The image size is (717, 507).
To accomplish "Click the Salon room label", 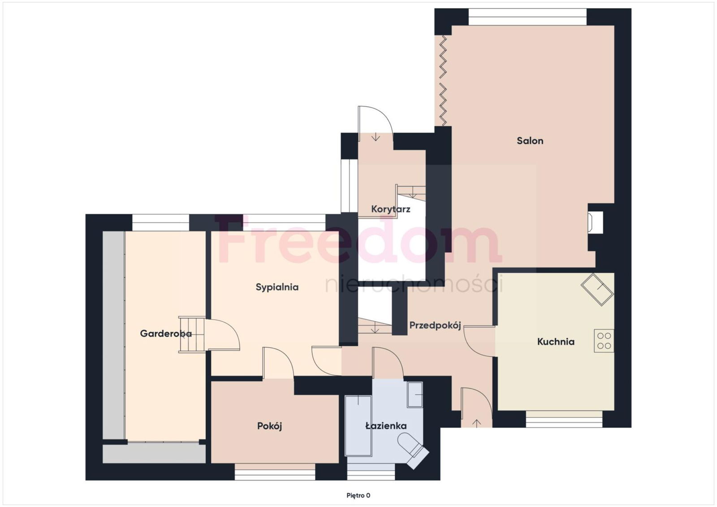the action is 530,141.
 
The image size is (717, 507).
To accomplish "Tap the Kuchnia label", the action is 556,342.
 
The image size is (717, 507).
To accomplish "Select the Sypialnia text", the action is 277,287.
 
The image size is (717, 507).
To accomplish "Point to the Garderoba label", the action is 166,334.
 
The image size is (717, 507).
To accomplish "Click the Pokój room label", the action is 269,426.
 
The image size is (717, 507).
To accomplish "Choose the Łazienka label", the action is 386,426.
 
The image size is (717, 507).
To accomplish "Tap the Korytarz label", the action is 390,209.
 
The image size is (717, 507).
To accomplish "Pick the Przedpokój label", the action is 435,326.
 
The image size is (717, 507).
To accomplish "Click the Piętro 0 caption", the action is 358,495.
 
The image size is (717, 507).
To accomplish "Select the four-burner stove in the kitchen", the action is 604,341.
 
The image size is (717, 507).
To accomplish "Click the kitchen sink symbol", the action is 597,289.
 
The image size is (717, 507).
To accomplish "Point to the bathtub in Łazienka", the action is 358,426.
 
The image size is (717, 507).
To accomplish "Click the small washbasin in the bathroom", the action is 415,395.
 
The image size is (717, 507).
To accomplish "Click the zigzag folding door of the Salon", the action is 443,81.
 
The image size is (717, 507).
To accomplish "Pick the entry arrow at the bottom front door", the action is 477,423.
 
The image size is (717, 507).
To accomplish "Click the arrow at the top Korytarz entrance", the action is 376,137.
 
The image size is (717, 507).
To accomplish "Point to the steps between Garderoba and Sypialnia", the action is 192,335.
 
